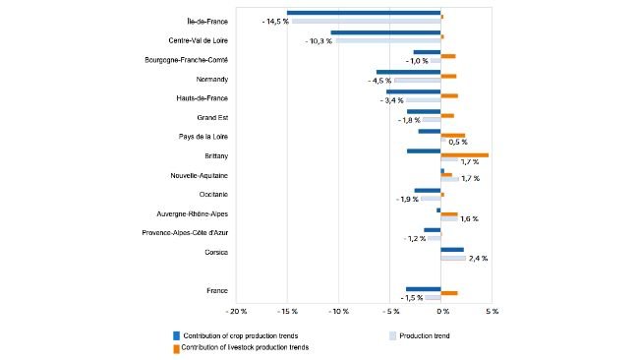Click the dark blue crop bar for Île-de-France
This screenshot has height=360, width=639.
pos(364,14)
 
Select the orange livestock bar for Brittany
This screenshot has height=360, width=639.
pos(465,154)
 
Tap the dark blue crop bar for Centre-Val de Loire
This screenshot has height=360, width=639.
pos(385,33)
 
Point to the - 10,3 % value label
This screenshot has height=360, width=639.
pos(319,41)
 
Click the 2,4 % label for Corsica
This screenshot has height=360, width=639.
pos(479,258)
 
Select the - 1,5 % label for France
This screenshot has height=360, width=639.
pos(412,297)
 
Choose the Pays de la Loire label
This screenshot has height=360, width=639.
pos(203,137)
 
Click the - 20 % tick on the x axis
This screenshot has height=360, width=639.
pos(236,312)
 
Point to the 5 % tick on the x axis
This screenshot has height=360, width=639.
pos(493,312)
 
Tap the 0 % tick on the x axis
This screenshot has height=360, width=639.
pos(441,312)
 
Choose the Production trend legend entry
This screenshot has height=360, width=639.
pos(426,336)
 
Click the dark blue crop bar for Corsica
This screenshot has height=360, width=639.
pos(452,250)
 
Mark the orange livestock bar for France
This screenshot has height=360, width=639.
pos(449,293)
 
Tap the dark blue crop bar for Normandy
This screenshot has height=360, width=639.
pos(408,72)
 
